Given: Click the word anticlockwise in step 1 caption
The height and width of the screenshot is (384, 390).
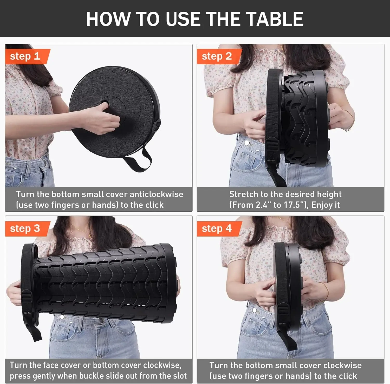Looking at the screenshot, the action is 157,194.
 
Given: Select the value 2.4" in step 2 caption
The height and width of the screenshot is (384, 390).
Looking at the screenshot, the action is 263,205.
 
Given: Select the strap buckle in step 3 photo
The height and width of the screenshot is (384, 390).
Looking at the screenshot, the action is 26,298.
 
